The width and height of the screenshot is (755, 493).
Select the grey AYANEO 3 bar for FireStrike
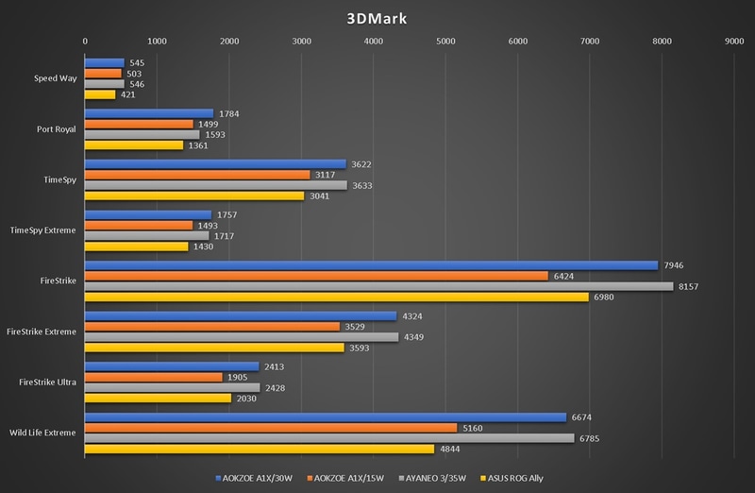(378, 286)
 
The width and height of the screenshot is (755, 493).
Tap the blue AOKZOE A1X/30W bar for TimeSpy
(215, 163)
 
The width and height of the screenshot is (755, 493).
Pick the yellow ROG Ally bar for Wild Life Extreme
(260, 449)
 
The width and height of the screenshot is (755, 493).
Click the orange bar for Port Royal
(139, 124)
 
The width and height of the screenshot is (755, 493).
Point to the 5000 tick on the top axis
(445, 42)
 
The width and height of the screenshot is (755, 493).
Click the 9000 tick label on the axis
(733, 42)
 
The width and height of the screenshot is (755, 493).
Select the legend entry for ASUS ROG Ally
(516, 478)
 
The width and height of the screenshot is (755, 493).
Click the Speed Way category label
(55, 78)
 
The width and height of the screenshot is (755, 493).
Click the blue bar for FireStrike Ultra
(172, 366)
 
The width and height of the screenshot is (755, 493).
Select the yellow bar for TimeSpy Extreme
(137, 246)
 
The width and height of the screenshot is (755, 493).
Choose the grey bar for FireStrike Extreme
(242, 336)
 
